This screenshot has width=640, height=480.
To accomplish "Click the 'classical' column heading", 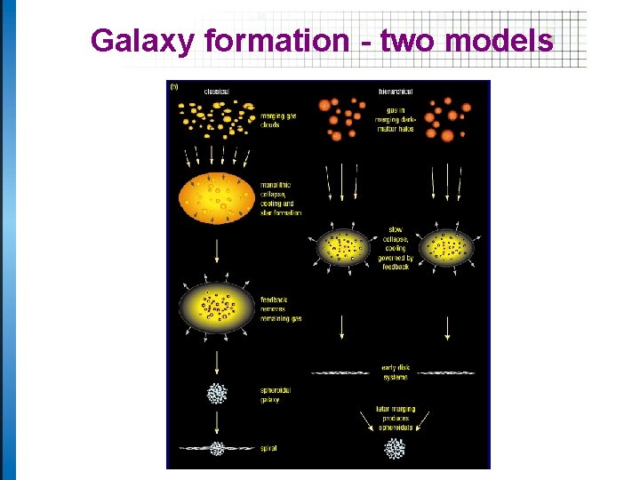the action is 216,92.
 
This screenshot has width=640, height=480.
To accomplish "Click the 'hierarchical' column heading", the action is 394,92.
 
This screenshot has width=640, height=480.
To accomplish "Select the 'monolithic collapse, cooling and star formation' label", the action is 281,199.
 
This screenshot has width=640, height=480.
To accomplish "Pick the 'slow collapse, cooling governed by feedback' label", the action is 396,248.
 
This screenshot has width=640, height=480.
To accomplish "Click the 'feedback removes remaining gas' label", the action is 281,308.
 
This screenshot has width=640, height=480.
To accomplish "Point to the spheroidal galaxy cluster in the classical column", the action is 217,393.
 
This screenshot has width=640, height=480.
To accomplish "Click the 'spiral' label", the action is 268,448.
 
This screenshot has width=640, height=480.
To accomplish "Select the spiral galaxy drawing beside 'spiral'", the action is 217,448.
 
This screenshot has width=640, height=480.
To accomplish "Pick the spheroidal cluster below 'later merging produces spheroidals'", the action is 394,450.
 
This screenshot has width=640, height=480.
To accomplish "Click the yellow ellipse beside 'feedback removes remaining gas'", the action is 216,307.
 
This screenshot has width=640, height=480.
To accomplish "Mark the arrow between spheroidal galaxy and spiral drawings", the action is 217,421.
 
